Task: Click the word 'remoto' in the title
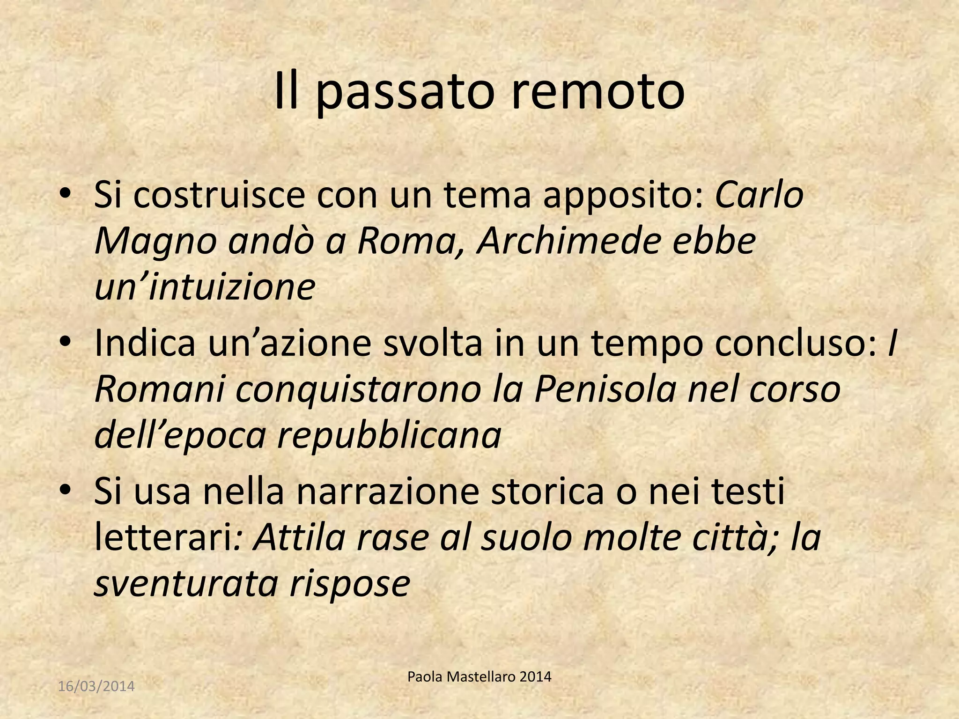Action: (598, 91)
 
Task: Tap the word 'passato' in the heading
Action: (405, 93)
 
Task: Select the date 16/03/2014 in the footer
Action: (96, 686)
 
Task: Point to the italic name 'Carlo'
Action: (759, 195)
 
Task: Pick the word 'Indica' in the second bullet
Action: (145, 343)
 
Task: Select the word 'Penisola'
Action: (605, 389)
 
